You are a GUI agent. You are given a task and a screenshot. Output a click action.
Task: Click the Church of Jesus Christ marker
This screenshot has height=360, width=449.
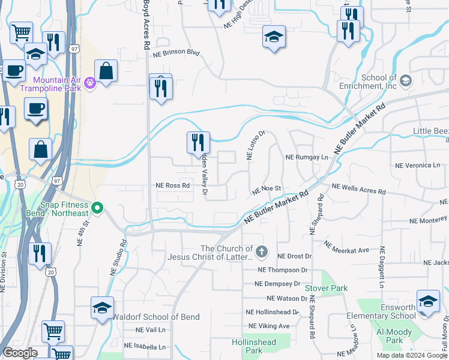pyautogui.click(x=261, y=251)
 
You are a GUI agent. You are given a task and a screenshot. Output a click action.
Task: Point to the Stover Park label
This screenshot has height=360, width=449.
pyautogui.click(x=326, y=289)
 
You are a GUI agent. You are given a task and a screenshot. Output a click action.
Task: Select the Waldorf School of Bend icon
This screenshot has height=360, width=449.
pyautogui.click(x=100, y=308)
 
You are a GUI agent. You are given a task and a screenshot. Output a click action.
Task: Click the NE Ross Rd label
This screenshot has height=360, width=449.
pyautogui.click(x=173, y=186)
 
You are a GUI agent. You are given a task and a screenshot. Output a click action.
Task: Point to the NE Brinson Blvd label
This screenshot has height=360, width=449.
pyautogui.click(x=176, y=53)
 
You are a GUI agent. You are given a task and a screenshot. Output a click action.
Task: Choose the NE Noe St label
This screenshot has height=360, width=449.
pyautogui.click(x=267, y=190)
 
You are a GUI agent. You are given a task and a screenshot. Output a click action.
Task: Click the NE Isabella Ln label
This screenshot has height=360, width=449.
pyautogui.click(x=145, y=346)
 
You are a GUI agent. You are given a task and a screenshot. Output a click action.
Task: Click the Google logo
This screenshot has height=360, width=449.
pyautogui.click(x=20, y=353)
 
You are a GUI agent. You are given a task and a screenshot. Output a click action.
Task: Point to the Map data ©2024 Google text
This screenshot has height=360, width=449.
pyautogui.click(x=411, y=355)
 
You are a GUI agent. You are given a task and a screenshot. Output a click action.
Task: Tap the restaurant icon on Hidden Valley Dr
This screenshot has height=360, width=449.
pyautogui.click(x=198, y=143)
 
